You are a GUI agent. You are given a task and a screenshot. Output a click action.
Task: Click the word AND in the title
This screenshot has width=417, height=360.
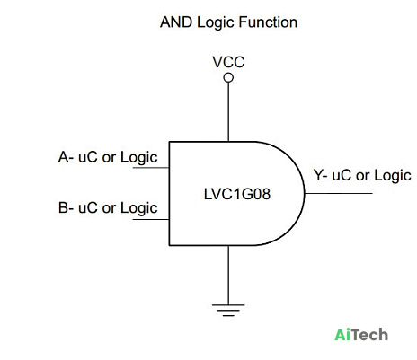pyautogui.click(x=176, y=22)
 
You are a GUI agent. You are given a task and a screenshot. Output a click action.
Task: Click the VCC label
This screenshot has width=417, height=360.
pyautogui.click(x=228, y=62)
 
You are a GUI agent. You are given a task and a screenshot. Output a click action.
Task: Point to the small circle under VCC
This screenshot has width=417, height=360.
pyautogui.click(x=228, y=78)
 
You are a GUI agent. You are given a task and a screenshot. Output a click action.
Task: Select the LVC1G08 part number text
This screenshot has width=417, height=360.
pyautogui.click(x=237, y=194)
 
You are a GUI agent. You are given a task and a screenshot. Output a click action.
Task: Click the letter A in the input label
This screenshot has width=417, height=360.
pyautogui.click(x=64, y=157)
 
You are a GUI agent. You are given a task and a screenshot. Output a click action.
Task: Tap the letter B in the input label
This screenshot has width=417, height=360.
pyautogui.click(x=63, y=207)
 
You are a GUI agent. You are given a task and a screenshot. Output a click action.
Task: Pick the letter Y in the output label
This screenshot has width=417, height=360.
pyautogui.click(x=318, y=175)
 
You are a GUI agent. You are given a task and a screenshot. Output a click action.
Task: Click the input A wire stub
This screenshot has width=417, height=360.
pyautogui.click(x=151, y=168)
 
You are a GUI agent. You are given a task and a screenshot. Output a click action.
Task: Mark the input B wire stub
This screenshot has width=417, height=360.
pyautogui.click(x=151, y=219)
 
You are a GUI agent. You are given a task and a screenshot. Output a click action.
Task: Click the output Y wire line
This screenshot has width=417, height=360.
pyautogui.click(x=339, y=193)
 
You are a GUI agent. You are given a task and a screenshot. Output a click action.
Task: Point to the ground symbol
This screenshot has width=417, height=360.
pyautogui.click(x=228, y=311)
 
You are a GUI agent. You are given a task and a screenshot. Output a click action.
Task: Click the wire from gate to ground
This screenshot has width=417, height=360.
pyautogui.click(x=228, y=275)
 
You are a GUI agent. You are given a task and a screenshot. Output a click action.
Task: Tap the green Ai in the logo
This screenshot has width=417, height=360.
pyautogui.click(x=342, y=335)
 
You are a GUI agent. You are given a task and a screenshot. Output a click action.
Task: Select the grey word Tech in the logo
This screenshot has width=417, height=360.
pyautogui.click(x=369, y=335)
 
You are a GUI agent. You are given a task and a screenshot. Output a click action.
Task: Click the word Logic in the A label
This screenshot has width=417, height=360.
pyautogui.click(x=138, y=158)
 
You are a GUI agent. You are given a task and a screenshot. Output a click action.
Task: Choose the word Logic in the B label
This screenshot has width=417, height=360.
pyautogui.click(x=138, y=208)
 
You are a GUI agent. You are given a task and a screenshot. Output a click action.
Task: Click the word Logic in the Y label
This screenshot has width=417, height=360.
pyautogui.click(x=393, y=176)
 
